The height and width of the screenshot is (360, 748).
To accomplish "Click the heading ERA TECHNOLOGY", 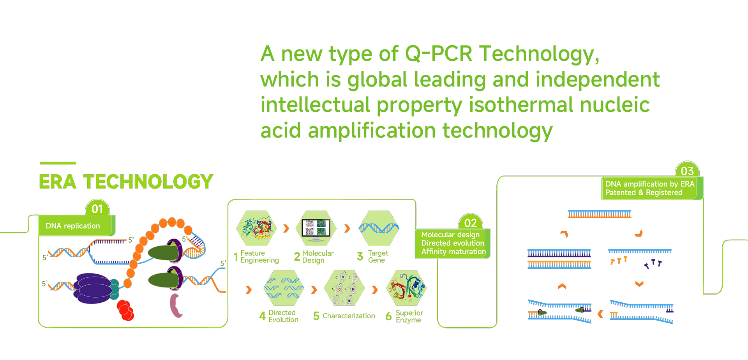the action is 126,182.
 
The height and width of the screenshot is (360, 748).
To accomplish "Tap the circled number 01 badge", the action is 97,209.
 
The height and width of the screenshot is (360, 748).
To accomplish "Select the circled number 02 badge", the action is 471,222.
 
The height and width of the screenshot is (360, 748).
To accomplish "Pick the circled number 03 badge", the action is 687,171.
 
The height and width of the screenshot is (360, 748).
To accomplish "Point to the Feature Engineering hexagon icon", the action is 256,228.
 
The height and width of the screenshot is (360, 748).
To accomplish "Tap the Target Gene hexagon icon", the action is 379,228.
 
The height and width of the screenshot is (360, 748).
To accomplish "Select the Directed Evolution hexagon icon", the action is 284,288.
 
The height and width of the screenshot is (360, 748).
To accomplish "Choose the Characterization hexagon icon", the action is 344,288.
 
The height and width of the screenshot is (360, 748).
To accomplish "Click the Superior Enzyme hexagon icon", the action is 406,288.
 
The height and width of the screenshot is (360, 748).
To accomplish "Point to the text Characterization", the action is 349,316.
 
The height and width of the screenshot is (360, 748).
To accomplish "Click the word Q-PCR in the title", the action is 438,54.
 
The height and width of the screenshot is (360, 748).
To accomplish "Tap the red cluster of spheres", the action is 125,310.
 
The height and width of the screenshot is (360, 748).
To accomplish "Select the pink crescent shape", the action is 176,305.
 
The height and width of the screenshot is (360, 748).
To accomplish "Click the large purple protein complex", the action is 93,288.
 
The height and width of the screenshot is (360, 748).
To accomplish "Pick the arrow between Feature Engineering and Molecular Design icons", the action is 286,228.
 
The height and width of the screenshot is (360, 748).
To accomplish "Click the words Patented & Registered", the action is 644,192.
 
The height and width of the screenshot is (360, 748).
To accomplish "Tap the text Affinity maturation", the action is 453,252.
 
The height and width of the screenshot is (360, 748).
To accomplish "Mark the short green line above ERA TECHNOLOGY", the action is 58,163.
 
